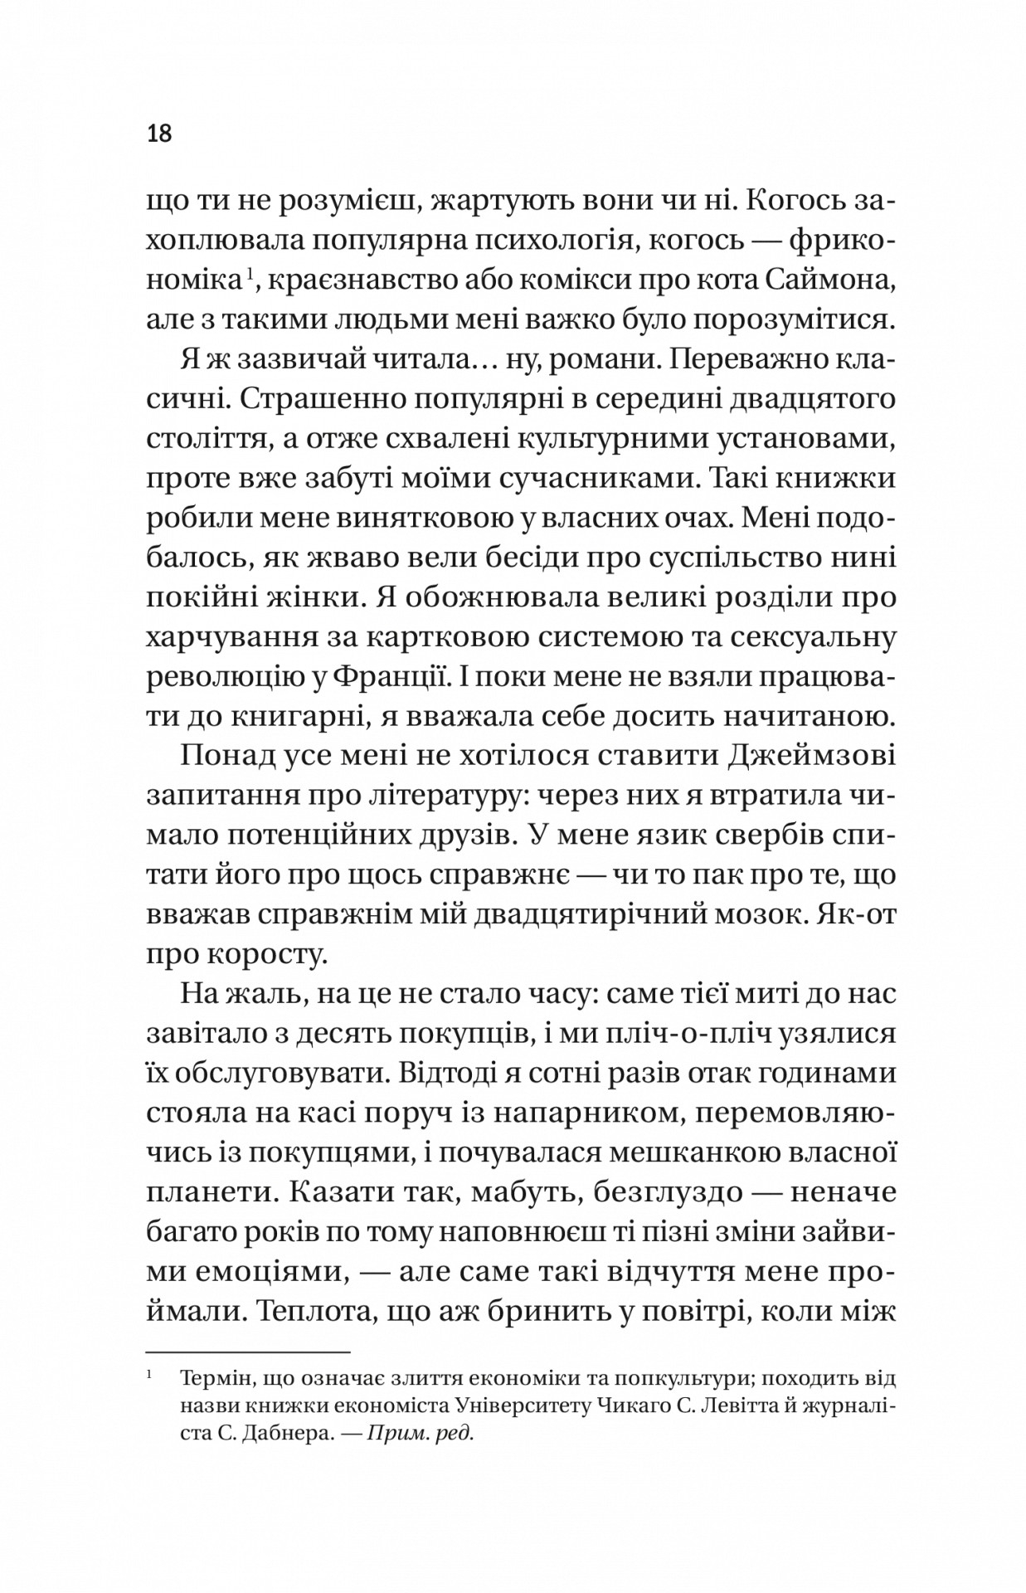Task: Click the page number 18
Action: pyautogui.click(x=159, y=133)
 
